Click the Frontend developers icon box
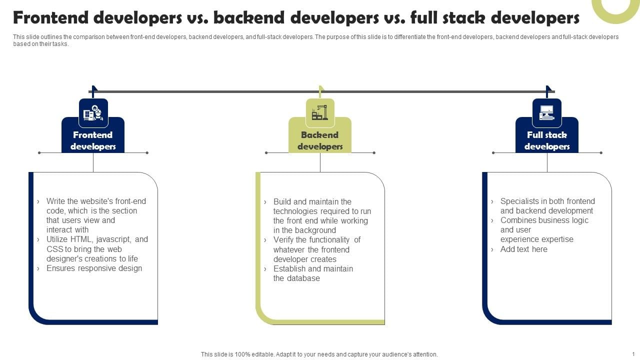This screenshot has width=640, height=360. (x=93, y=113)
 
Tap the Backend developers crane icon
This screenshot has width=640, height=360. (x=320, y=112)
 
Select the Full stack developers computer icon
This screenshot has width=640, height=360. (x=547, y=112)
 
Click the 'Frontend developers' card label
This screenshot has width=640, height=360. (x=93, y=140)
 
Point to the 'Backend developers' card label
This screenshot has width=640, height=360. (x=320, y=140)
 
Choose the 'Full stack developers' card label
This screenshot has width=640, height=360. (x=547, y=140)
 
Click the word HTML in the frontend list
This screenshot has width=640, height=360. (x=81, y=239)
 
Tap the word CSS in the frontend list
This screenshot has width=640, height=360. (x=54, y=249)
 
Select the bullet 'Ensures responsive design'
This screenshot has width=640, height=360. (x=94, y=268)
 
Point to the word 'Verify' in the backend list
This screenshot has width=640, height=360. (x=283, y=239)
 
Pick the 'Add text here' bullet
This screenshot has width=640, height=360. (x=523, y=249)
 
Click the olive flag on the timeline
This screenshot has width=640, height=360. (x=321, y=91)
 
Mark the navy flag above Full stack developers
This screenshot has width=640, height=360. (x=548, y=91)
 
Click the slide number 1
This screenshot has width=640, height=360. (x=633, y=354)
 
